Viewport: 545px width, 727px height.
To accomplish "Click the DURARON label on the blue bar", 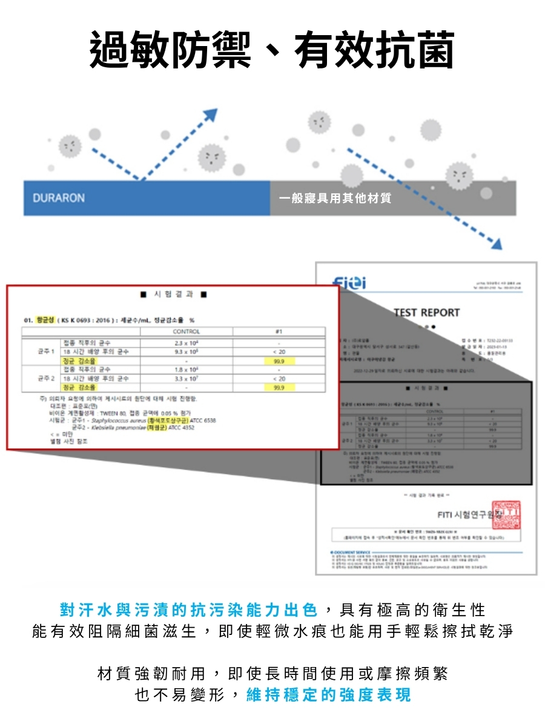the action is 59,198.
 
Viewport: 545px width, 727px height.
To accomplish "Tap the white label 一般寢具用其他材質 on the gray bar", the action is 335,198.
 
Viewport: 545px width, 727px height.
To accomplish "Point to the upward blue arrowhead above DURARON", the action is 210,115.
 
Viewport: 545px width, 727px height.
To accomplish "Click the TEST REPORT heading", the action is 426,313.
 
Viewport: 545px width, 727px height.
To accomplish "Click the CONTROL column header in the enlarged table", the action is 186,331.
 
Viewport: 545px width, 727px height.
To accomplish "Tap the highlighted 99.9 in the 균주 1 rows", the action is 279,360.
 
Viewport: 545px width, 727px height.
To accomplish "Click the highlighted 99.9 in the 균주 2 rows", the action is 279,387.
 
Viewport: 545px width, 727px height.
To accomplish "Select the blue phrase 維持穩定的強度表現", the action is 329,695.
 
